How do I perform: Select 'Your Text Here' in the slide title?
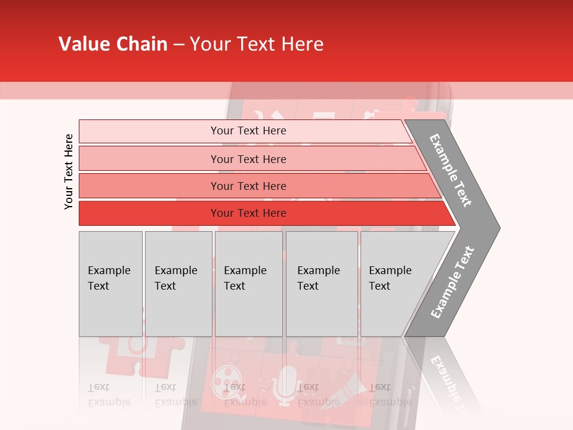(257, 44)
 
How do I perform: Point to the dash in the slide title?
(178, 45)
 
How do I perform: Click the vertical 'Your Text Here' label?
(69, 171)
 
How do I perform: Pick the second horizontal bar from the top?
(248, 159)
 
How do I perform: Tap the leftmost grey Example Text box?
(110, 284)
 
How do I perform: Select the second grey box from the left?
(178, 284)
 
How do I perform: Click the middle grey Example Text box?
(248, 284)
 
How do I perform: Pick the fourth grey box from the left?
(322, 284)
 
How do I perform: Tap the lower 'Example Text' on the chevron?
(452, 282)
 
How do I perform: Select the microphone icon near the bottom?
(286, 382)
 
